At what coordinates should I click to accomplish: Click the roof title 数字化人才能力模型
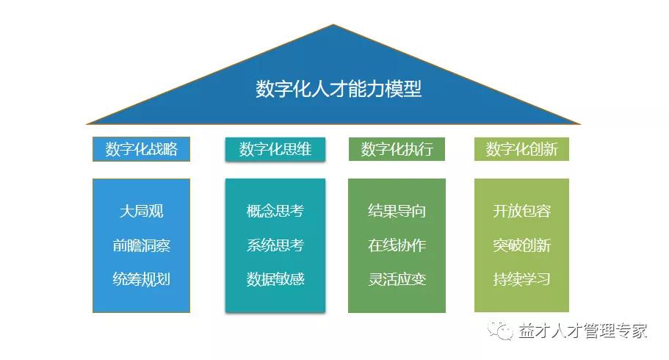[339, 89]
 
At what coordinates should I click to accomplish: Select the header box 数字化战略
[141, 149]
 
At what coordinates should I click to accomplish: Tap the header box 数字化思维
[275, 149]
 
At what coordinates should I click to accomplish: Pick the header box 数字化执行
[397, 149]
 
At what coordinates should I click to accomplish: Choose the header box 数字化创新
[521, 149]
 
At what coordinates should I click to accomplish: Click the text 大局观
[141, 211]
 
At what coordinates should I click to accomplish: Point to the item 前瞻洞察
[141, 245]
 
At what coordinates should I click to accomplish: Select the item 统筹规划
[141, 279]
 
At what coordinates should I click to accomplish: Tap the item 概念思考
[275, 211]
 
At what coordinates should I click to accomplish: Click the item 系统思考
[275, 245]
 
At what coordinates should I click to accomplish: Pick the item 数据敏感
[275, 279]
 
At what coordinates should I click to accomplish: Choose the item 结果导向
[397, 211]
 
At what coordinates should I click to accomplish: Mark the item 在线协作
[397, 245]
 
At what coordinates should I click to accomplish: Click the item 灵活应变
[397, 279]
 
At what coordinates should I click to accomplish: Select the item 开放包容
[522, 211]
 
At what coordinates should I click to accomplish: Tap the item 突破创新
[522, 245]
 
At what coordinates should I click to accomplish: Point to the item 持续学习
[522, 279]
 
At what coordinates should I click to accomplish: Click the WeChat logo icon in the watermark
[500, 330]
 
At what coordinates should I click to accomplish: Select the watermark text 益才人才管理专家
[583, 331]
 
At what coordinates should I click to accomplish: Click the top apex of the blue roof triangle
[333, 25]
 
